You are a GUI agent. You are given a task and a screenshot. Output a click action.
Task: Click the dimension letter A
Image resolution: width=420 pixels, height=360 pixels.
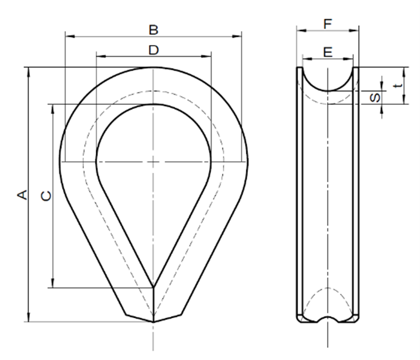[22, 195]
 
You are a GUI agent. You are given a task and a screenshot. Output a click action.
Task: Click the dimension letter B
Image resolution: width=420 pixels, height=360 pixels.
[153, 29]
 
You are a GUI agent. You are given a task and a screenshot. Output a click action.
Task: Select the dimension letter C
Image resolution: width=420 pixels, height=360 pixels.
[47, 196]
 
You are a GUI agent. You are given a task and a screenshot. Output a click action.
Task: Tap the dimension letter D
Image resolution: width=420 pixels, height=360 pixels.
[153, 50]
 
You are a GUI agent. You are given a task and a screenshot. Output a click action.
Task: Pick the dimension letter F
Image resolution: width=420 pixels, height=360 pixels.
[328, 24]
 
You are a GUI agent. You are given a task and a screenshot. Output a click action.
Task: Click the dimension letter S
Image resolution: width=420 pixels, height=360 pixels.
[376, 98]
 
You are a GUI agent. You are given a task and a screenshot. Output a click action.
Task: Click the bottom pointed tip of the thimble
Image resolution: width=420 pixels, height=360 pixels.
[153, 322]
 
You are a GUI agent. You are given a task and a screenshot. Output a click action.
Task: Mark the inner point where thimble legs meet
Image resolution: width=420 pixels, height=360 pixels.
[153, 287]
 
